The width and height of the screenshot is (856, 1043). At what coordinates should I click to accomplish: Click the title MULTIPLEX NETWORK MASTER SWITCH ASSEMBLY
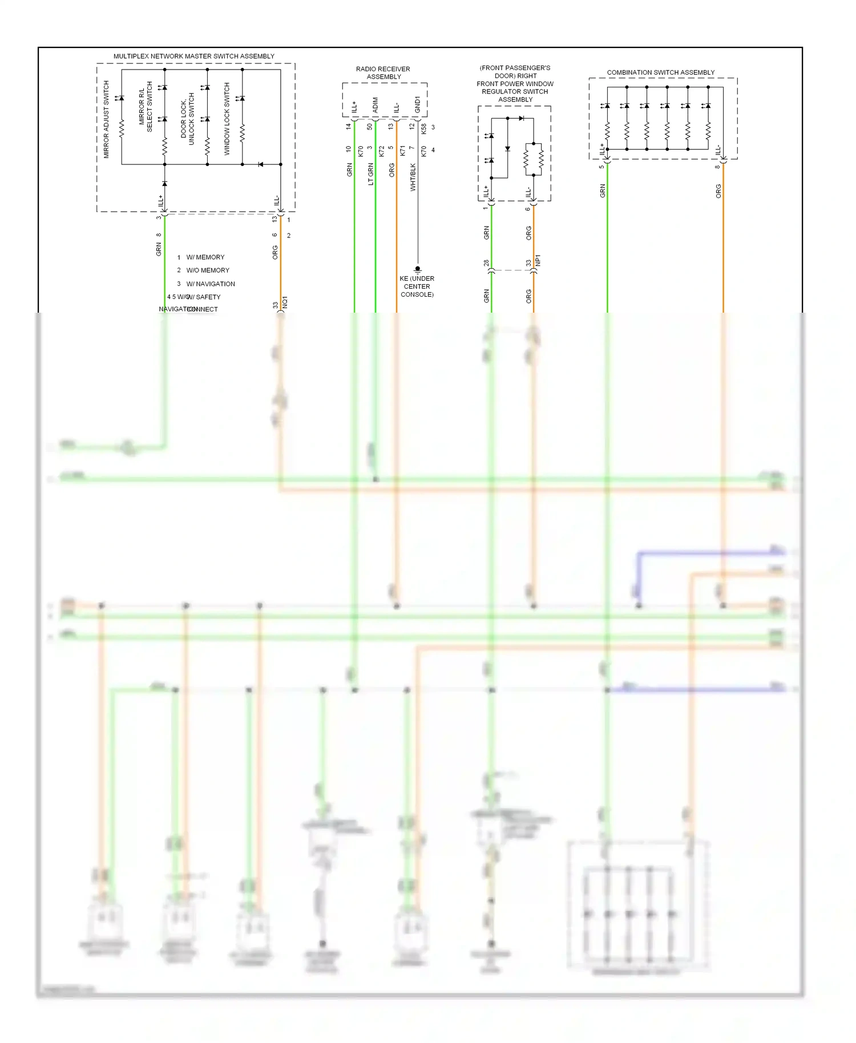[x=193, y=56]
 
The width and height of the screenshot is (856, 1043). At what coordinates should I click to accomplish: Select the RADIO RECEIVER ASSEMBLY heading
[x=383, y=72]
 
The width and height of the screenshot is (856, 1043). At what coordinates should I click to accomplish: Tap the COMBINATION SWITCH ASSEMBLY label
[x=660, y=72]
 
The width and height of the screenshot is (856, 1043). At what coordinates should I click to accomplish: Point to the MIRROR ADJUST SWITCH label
[x=106, y=119]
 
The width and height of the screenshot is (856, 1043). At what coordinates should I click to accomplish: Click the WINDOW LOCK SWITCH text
[x=227, y=119]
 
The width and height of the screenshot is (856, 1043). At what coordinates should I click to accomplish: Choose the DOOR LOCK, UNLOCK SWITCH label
[x=187, y=119]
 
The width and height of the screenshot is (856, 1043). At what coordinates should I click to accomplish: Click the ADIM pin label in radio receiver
[x=375, y=105]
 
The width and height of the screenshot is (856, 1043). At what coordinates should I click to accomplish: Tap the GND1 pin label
[x=417, y=104]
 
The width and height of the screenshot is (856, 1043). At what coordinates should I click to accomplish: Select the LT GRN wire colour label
[x=370, y=174]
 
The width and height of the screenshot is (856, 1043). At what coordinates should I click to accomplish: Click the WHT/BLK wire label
[x=413, y=177]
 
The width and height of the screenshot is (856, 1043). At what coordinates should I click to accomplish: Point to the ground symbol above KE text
[x=417, y=269]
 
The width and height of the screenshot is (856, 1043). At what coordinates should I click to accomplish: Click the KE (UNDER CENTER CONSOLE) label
[x=417, y=286]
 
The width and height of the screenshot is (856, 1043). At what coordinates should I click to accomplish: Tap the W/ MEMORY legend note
[x=205, y=257]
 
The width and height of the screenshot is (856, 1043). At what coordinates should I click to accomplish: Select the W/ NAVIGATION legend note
[x=210, y=284]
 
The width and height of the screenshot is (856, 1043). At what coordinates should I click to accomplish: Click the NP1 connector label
[x=538, y=260]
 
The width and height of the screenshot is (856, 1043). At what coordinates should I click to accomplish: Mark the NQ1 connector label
[x=285, y=302]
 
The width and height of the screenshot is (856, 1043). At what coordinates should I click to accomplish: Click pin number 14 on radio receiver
[x=348, y=127]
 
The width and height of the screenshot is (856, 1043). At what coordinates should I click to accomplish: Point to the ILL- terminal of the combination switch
[x=718, y=150]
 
